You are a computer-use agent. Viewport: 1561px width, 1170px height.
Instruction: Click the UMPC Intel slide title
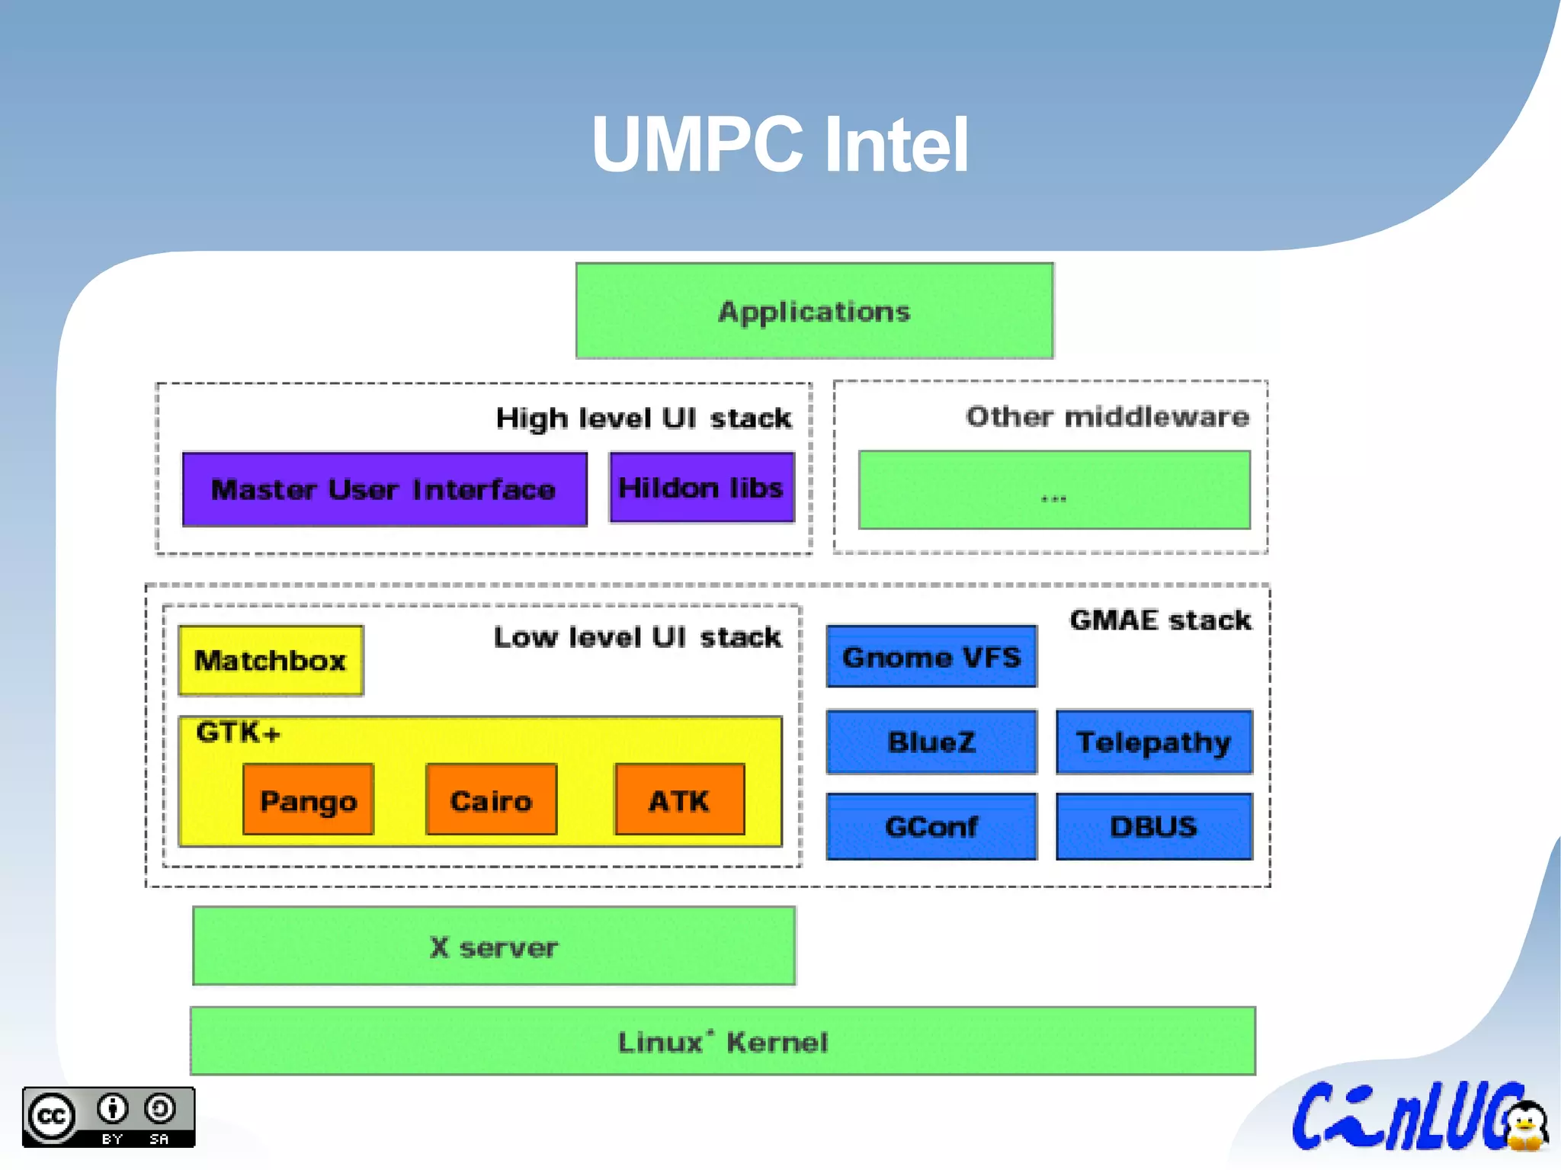(780, 145)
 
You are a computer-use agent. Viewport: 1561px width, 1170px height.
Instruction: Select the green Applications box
(814, 311)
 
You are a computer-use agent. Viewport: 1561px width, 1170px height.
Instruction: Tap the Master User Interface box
(384, 489)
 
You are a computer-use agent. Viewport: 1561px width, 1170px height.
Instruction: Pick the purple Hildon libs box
(701, 488)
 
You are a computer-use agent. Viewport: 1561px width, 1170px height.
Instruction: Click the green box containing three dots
(1054, 490)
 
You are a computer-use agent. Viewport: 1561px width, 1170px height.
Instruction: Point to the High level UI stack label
(643, 418)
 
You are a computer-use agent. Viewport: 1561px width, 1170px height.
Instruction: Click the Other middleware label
(1107, 417)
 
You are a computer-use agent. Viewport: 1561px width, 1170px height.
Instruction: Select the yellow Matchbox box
(271, 660)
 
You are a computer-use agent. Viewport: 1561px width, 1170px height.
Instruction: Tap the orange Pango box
(308, 800)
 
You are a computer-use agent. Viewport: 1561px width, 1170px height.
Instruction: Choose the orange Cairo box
(491, 800)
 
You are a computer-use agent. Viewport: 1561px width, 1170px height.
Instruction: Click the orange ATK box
(679, 800)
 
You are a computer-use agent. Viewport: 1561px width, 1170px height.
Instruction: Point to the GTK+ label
(238, 732)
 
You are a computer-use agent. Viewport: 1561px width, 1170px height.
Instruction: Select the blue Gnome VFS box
(931, 657)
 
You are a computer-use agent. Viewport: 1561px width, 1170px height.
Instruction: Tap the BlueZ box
(931, 742)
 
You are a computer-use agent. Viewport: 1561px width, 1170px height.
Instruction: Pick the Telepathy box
(1153, 742)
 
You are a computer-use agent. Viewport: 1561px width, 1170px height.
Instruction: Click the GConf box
(931, 826)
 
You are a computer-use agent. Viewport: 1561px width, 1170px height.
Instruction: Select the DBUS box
(1153, 826)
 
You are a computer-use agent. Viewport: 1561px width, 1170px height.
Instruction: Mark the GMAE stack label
(1159, 620)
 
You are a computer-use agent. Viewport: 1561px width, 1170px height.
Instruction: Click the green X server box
(494, 947)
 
